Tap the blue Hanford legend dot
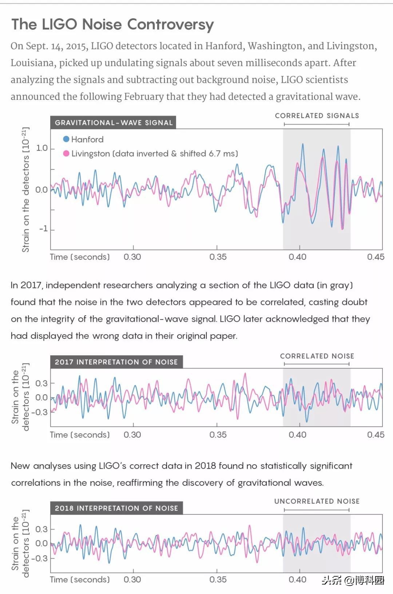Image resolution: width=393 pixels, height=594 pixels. pos(66,139)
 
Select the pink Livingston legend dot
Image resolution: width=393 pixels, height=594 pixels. pos(66,153)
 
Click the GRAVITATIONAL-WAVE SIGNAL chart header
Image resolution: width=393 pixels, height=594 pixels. pos(114,123)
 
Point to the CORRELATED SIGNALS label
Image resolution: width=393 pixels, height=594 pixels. pos(317,116)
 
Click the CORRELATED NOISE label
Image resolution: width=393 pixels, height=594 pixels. pos(317,356)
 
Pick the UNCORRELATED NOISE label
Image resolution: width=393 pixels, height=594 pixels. pos(317,501)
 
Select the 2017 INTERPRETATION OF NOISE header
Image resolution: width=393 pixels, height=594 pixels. pos(116,362)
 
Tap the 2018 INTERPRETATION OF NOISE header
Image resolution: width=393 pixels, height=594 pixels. pos(116,508)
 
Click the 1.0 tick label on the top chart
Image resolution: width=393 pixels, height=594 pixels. pos(42,148)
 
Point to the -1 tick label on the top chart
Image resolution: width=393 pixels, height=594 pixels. pos(43,228)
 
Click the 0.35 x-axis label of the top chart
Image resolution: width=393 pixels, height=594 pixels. pos(218,257)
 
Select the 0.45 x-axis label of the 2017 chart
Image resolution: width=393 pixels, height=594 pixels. pos(376,435)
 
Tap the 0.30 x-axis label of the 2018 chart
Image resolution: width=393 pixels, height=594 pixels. pos(132,579)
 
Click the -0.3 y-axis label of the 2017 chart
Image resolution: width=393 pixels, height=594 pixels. pos(39,412)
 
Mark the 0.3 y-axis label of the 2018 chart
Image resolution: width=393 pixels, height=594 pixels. pos(41,529)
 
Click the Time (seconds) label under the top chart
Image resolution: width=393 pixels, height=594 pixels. pos(80,257)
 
